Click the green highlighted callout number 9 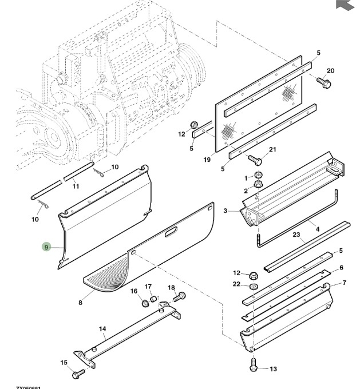pos(46,247)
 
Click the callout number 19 pos(207,160)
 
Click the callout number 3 pos(226,211)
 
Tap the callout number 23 pos(296,234)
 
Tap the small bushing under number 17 pos(153,298)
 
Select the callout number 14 pos(103,329)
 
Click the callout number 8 pos(81,303)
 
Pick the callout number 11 pos(75,186)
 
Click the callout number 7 pos(345,283)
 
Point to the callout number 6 pos(341,268)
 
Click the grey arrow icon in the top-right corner pos(343,5)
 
